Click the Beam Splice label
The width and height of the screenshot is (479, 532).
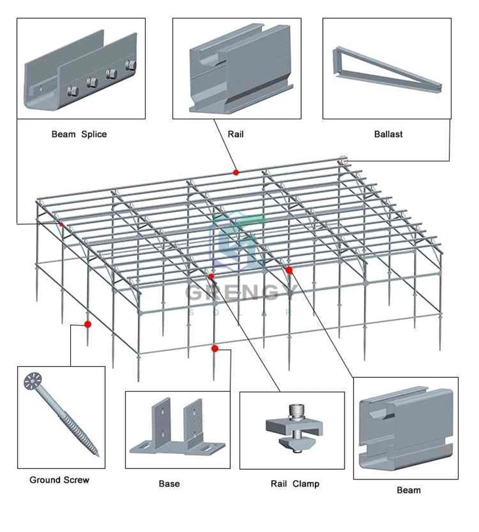[79, 134]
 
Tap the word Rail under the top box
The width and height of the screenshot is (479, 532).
[236, 134]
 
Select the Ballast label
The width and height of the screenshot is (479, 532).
[388, 134]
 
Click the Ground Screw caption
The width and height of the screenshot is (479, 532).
[59, 480]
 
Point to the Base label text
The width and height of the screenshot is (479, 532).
[169, 484]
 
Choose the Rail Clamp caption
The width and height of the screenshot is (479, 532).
[295, 484]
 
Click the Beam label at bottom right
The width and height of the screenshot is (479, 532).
[409, 490]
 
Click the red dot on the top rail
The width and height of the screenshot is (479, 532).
[236, 173]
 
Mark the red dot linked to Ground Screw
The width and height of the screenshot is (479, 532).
[87, 324]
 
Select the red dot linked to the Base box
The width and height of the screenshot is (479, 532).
[215, 348]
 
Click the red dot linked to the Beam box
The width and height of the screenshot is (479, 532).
[289, 270]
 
